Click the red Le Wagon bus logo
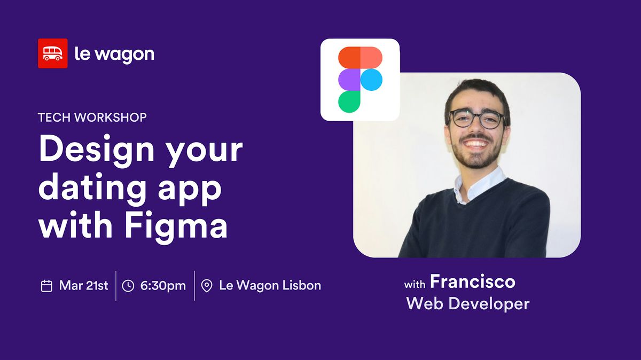pyautogui.click(x=52, y=53)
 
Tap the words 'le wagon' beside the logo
pyautogui.click(x=114, y=54)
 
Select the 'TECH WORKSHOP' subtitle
pyautogui.click(x=92, y=118)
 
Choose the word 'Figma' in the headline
pyautogui.click(x=176, y=225)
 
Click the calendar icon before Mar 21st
pyautogui.click(x=46, y=286)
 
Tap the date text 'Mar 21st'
pyautogui.click(x=83, y=286)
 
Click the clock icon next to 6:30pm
pyautogui.click(x=128, y=286)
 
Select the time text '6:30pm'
pyautogui.click(x=163, y=286)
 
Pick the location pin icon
pyautogui.click(x=207, y=286)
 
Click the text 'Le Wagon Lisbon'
pyautogui.click(x=270, y=286)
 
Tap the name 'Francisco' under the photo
pyautogui.click(x=472, y=281)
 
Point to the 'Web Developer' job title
pyautogui.click(x=467, y=304)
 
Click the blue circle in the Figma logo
pyautogui.click(x=371, y=80)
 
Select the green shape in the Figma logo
pyautogui.click(x=349, y=101)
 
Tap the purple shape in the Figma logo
pyautogui.click(x=349, y=80)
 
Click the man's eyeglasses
pyautogui.click(x=476, y=119)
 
